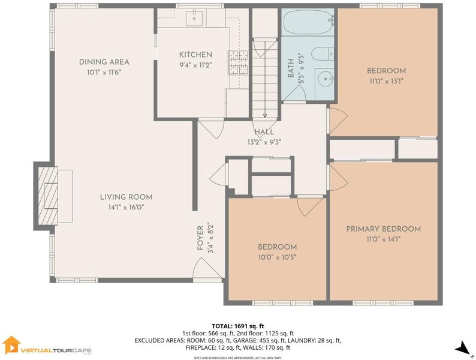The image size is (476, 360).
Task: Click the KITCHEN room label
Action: (195, 55)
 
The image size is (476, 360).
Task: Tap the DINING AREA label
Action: (104, 62)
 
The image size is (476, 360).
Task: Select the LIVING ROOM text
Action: (126, 197)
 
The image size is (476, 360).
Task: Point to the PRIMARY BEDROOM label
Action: (384, 229)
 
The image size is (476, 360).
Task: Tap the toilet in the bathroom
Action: (323, 55)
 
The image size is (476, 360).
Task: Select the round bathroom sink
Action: (326, 79)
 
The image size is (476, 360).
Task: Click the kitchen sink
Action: (194, 18)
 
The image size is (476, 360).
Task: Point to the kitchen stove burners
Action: (239, 62)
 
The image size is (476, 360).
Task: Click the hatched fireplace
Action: (48, 196)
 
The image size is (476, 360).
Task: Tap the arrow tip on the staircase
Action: (265, 116)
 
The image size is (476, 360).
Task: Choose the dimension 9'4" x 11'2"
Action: (195, 65)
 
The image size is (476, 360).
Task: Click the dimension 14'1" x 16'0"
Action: (126, 208)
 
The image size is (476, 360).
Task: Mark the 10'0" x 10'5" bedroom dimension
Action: (277, 257)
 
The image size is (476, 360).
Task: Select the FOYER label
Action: (200, 238)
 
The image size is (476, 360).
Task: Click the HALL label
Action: (264, 132)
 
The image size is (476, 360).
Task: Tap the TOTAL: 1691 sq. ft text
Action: (238, 326)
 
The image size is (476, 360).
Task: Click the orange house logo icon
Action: (11, 345)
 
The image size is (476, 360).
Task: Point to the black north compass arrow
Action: (463, 348)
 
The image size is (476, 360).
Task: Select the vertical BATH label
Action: (291, 68)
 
